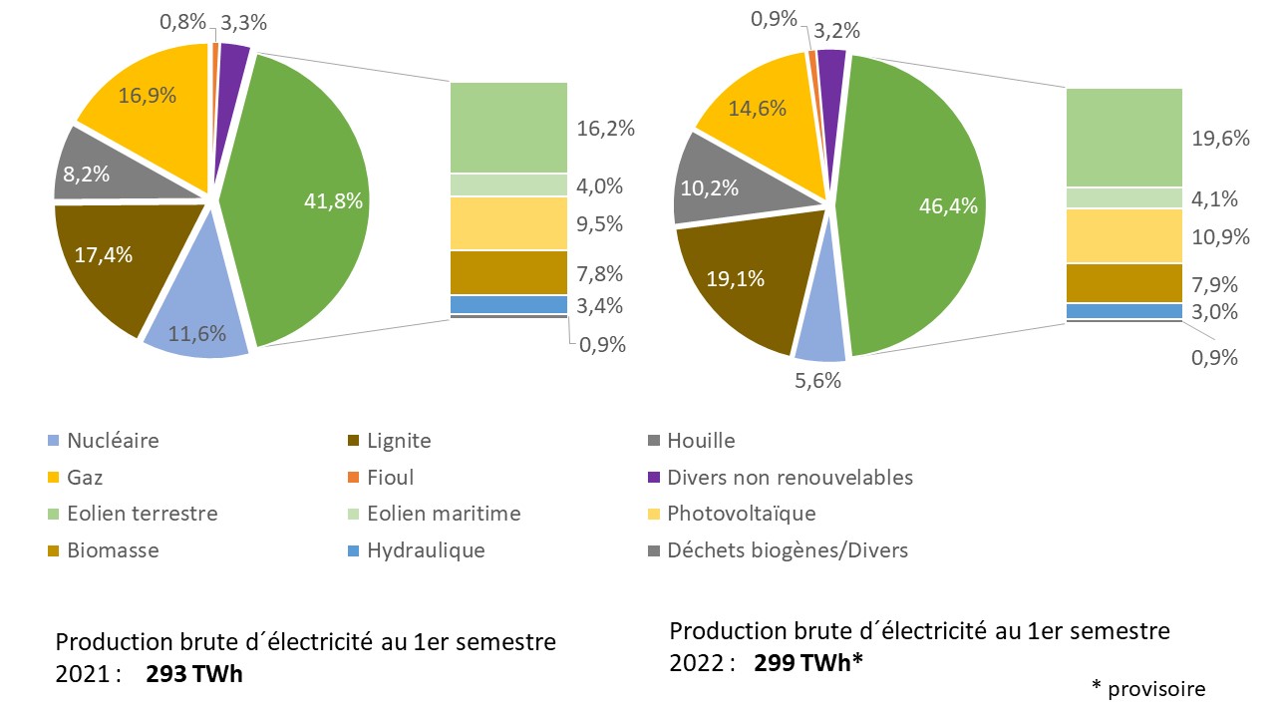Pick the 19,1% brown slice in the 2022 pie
(735, 279)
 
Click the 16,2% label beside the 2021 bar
(606, 129)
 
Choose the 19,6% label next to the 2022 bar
(1221, 139)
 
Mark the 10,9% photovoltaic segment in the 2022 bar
(1124, 236)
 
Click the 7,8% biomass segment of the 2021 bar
(508, 272)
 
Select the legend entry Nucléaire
(112, 441)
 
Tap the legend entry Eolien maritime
(443, 514)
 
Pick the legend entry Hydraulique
(425, 550)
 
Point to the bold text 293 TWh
(194, 674)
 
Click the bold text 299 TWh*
(807, 662)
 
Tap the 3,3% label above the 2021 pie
(243, 22)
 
